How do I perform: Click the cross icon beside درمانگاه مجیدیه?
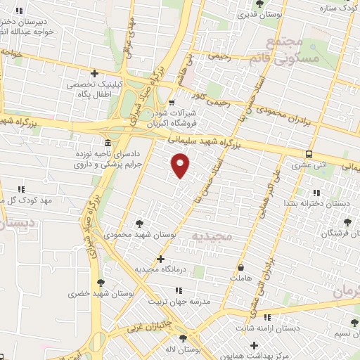(162, 259)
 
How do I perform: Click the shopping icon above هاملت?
(241, 267)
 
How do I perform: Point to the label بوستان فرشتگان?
(330, 233)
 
